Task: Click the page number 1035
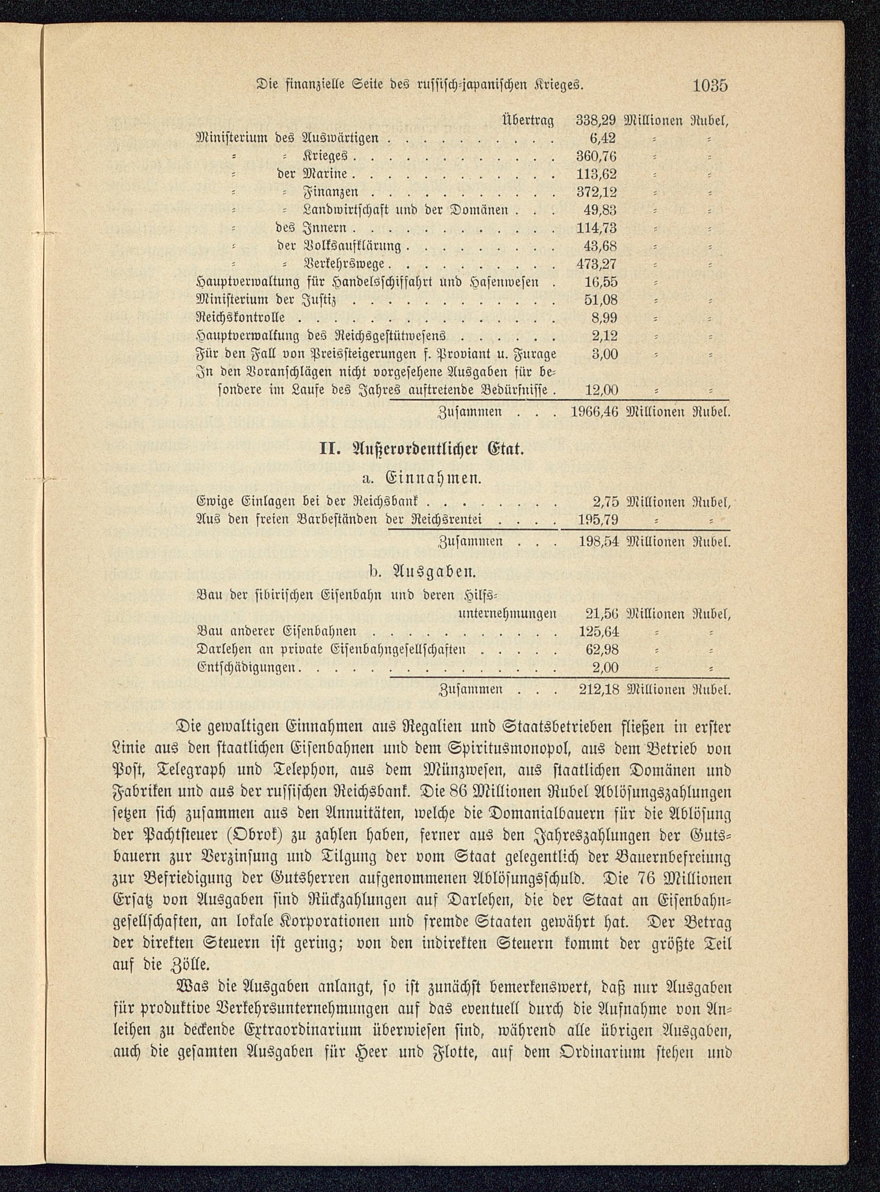click(710, 85)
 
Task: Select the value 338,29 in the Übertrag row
click(597, 121)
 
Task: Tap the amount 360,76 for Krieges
click(597, 156)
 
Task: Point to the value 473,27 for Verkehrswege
click(597, 264)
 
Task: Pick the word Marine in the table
click(326, 174)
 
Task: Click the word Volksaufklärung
click(351, 246)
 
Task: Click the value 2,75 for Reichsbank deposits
click(605, 501)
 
